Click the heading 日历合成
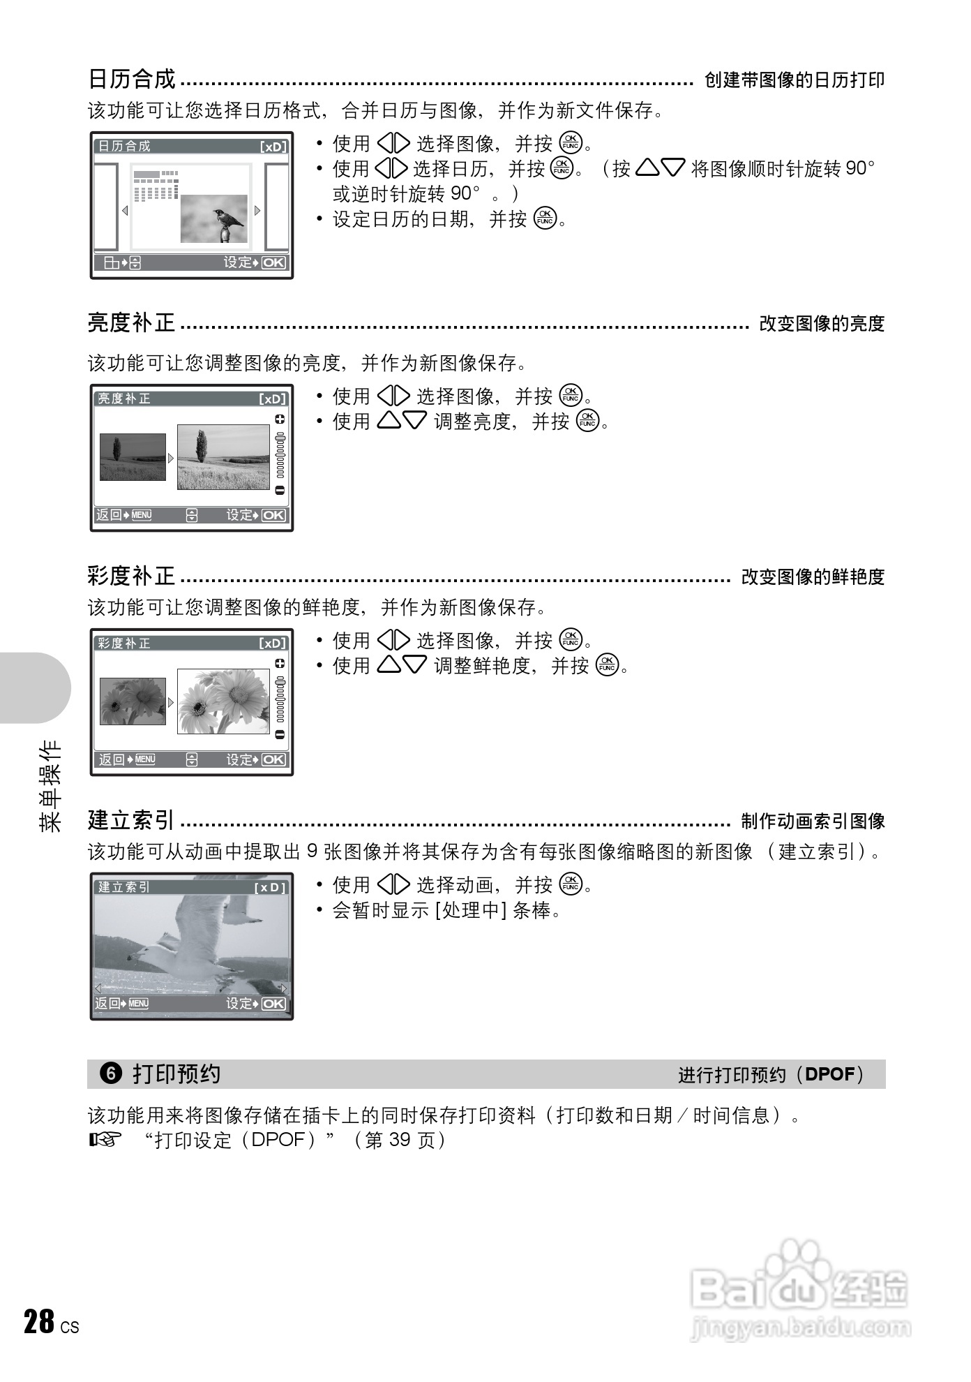[132, 80]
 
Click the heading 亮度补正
[132, 323]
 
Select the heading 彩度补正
[132, 577]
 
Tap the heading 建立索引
[131, 820]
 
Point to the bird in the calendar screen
[227, 221]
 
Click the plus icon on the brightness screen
[280, 419]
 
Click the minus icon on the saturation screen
[280, 734]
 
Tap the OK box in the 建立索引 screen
[273, 1004]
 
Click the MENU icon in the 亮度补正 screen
[141, 515]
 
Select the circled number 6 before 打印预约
[111, 1073]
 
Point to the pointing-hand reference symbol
[105, 1140]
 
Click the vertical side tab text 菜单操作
[50, 785]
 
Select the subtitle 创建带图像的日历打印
[795, 80]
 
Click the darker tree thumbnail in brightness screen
[133, 457]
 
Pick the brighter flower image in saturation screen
[223, 701]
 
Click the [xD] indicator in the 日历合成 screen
[273, 147]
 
